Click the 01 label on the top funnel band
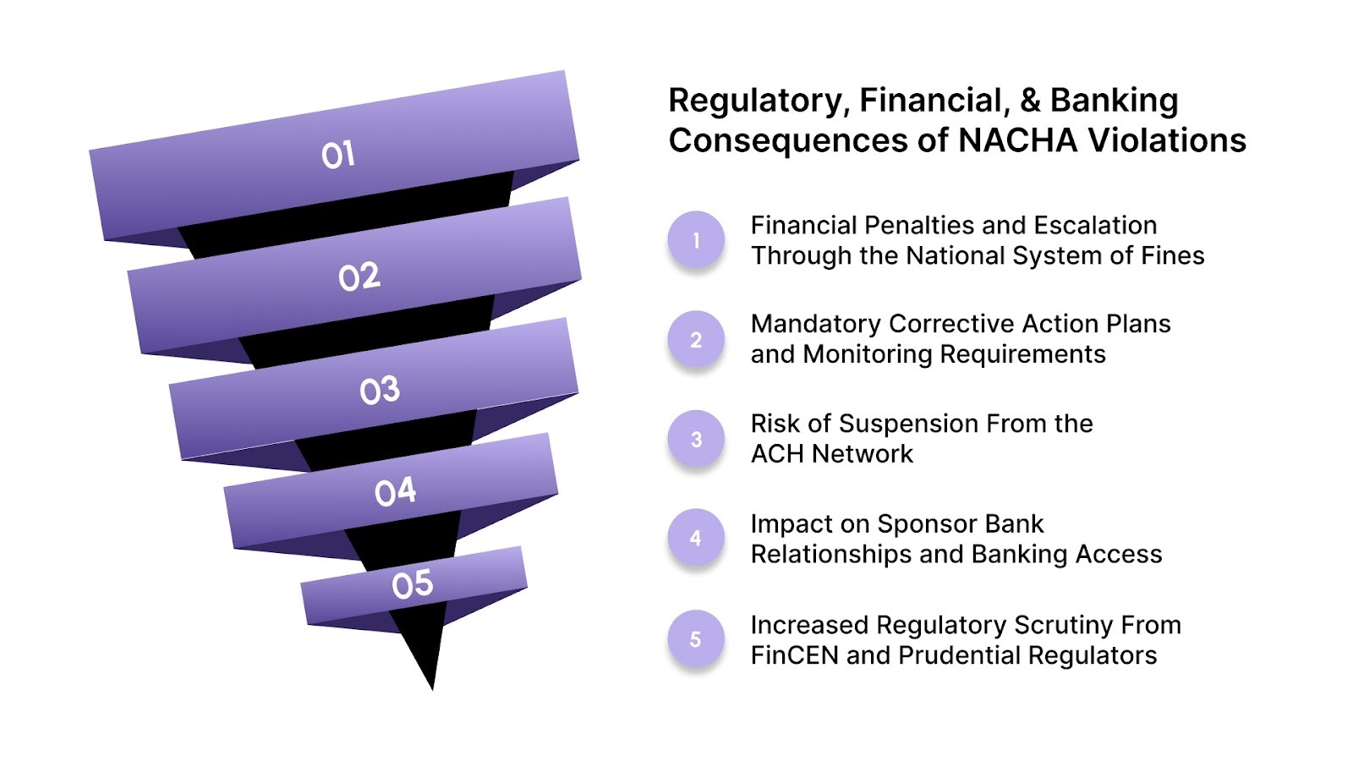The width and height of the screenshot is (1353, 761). (x=337, y=155)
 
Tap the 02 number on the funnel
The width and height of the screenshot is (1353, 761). (x=359, y=276)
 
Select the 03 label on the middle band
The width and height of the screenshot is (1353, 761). (x=379, y=390)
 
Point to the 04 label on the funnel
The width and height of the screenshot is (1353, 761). (x=395, y=491)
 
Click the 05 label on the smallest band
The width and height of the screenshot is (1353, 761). (x=412, y=584)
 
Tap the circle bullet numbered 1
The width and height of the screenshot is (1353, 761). (x=696, y=240)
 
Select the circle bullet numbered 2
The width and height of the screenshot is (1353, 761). (x=696, y=340)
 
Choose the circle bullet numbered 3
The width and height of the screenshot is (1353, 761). (x=696, y=439)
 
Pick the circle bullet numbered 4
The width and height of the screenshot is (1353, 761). (x=696, y=538)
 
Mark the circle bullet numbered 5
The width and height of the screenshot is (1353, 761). (x=696, y=638)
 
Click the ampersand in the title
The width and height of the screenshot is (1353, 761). (x=1029, y=101)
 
